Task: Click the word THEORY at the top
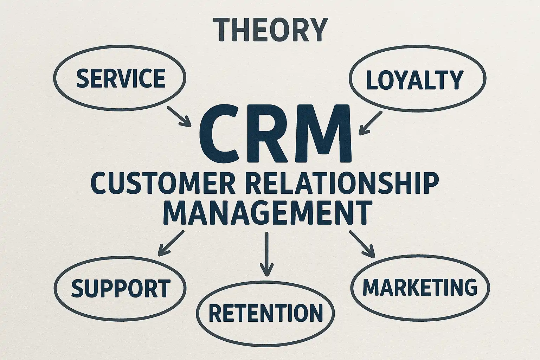tap(270, 30)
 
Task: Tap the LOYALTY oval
tap(415, 79)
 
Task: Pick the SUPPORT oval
tap(120, 288)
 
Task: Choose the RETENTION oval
tap(265, 312)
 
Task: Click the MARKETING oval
tap(420, 287)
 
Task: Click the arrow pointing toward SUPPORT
tap(171, 243)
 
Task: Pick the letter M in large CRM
tap(321, 133)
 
